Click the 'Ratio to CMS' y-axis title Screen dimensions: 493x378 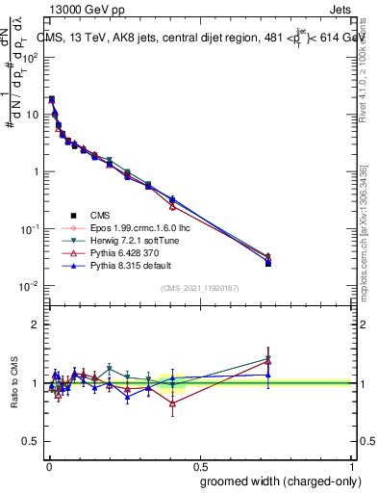(x=13, y=383)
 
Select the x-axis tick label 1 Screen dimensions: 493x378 (x=352, y=464)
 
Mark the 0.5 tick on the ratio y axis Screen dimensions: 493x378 (x=31, y=442)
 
